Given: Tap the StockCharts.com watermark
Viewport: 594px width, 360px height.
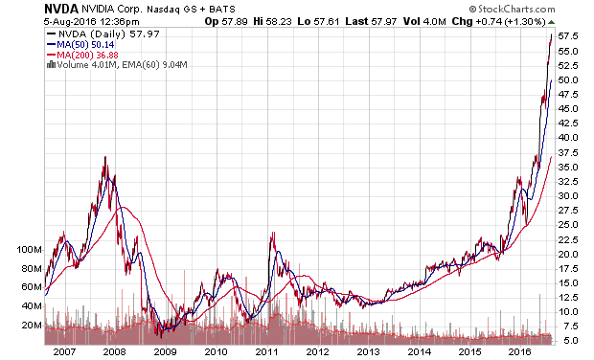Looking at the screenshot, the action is click(x=512, y=9).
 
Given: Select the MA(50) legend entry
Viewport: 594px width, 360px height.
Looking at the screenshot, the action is click(x=80, y=45).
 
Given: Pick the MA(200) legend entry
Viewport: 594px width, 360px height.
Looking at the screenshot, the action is click(x=82, y=55).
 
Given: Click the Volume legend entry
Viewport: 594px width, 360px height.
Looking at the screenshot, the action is click(x=117, y=65).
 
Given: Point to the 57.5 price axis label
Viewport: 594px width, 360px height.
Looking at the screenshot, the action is click(x=568, y=36).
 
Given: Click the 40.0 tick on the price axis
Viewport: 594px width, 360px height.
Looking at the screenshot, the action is click(x=568, y=138).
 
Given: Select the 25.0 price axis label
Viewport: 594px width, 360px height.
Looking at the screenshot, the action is click(x=568, y=225).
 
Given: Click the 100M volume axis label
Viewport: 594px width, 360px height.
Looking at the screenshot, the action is click(x=29, y=250).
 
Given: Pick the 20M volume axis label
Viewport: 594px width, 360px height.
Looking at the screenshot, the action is click(x=32, y=326).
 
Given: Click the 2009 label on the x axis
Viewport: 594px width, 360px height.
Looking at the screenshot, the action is click(x=166, y=352).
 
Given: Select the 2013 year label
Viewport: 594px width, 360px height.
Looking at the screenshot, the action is click(x=369, y=352).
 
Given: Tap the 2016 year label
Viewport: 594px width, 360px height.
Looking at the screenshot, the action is click(x=520, y=352).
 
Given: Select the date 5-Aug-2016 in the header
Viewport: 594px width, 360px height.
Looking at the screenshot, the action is click(x=70, y=22).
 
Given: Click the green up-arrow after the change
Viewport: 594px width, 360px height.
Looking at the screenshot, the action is click(x=551, y=22).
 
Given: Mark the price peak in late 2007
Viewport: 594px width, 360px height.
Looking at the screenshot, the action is click(x=105, y=157).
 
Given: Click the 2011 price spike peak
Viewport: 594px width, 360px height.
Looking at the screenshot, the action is click(x=272, y=233).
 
